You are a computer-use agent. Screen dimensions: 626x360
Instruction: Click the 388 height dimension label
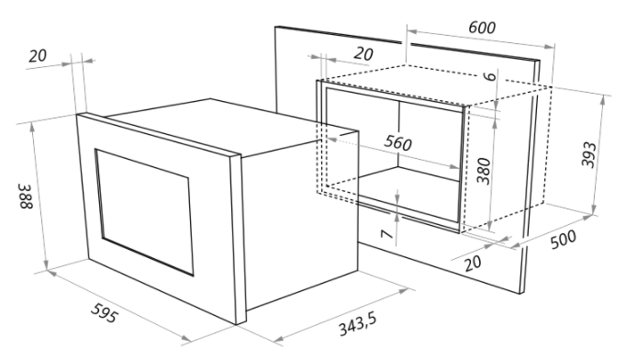(25, 197)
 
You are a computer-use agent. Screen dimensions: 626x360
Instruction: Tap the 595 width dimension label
(105, 313)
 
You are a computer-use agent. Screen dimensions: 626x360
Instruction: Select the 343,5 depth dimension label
(358, 324)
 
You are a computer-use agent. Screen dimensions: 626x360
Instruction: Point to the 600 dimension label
(482, 28)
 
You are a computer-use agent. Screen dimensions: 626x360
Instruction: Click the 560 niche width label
(398, 142)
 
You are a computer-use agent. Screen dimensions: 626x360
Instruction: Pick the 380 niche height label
(484, 171)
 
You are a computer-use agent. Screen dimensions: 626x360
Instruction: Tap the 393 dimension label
(588, 154)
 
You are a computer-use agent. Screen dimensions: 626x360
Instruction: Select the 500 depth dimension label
(564, 239)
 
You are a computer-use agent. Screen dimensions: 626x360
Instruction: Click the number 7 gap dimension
(386, 234)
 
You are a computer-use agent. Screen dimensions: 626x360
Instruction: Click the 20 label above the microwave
(38, 55)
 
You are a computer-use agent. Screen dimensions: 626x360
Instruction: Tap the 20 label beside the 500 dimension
(473, 264)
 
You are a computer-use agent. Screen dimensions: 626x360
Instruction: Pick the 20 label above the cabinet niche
(363, 54)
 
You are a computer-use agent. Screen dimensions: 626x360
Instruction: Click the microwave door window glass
(144, 212)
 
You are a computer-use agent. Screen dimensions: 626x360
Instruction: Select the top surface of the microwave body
(231, 126)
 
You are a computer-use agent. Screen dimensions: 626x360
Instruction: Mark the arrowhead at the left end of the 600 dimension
(412, 31)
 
